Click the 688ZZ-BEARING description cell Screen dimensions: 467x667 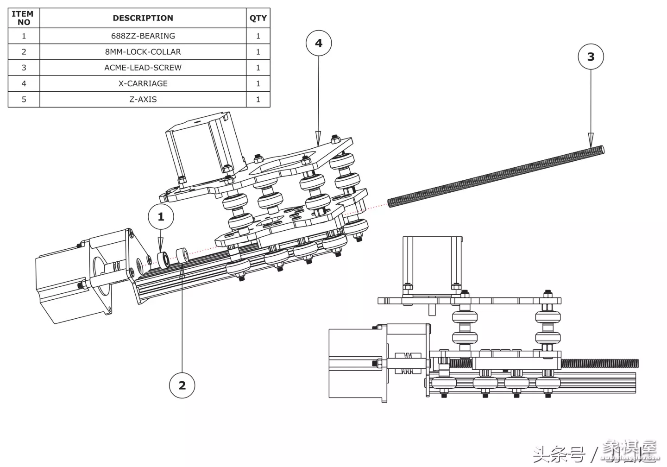point(143,36)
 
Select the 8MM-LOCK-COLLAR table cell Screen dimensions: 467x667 point(143,51)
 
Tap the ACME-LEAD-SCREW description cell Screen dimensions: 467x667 point(143,67)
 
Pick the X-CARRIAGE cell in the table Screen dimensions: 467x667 point(143,83)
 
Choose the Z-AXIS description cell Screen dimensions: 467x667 point(143,99)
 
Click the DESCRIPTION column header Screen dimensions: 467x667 point(143,18)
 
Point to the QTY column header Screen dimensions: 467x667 point(258,18)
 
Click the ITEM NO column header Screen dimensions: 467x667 point(24,18)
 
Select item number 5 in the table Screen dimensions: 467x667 point(24,99)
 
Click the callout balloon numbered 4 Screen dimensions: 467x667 point(319,43)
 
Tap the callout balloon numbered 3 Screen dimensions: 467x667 point(591,57)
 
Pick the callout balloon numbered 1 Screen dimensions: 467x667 point(161,216)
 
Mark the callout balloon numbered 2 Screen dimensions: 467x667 point(182,385)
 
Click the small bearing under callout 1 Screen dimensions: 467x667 point(163,259)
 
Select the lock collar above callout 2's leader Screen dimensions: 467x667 point(182,255)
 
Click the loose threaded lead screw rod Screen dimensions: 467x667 point(496,176)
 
